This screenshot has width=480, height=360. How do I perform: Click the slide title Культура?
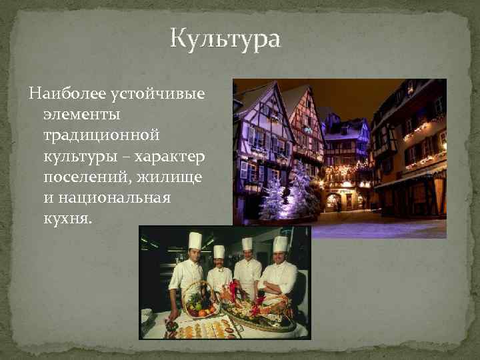[x=226, y=39]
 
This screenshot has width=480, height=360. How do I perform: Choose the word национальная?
[x=115, y=199]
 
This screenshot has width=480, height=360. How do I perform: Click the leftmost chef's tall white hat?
[x=195, y=240]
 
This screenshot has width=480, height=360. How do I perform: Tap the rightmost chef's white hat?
[x=279, y=244]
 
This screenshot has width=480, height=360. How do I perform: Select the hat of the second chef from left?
[x=219, y=252]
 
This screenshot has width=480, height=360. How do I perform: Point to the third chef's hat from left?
[x=247, y=243]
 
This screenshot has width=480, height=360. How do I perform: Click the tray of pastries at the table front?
[x=200, y=328]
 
